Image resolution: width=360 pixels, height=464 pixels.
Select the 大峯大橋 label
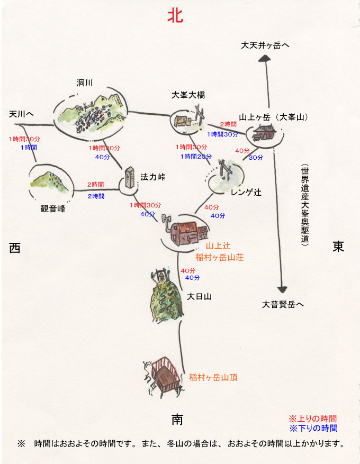(188, 95)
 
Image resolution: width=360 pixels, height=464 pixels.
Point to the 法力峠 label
(153, 177)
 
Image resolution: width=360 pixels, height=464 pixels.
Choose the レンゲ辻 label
(246, 193)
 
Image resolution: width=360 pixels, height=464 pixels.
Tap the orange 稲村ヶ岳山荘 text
(220, 257)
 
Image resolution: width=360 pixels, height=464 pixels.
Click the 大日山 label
(200, 297)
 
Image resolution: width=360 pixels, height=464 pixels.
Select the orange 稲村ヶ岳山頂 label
(213, 377)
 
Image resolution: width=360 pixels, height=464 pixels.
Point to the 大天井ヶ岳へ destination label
(265, 46)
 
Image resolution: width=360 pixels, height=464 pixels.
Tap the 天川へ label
(22, 114)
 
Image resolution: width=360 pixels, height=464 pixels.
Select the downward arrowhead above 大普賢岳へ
(282, 288)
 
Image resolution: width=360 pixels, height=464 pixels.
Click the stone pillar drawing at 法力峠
(129, 178)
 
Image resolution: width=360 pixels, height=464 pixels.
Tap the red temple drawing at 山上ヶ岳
(263, 132)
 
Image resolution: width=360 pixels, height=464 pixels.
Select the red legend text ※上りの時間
(312, 418)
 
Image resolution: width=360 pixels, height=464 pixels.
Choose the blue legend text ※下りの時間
(312, 428)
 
